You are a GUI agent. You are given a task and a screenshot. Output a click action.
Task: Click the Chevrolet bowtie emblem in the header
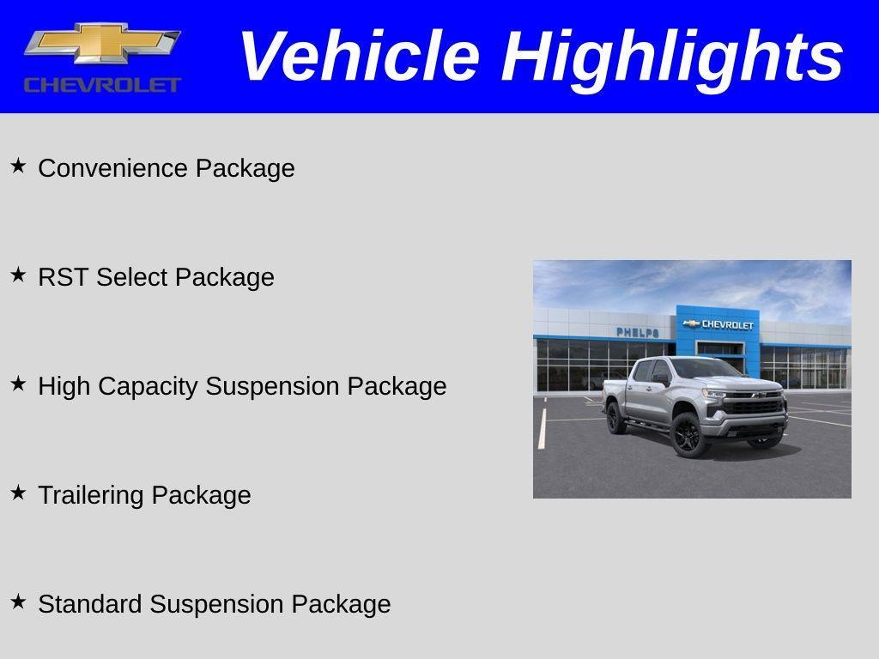coord(102,43)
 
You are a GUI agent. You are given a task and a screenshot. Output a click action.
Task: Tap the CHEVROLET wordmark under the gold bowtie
coord(102,85)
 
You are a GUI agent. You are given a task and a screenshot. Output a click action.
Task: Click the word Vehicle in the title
coord(358,57)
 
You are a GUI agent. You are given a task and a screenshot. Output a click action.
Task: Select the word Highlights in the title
coord(672,57)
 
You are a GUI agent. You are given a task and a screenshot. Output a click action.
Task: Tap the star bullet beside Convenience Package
coord(18,166)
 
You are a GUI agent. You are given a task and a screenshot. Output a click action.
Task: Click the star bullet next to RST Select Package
coord(18,275)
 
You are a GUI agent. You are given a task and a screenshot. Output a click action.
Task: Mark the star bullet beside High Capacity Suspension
coord(18,384)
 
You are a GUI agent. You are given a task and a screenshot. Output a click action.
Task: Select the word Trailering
coord(91,495)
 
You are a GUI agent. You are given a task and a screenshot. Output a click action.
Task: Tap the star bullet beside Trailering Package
coord(18,493)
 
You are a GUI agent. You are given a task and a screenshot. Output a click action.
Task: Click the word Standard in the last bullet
coord(90,604)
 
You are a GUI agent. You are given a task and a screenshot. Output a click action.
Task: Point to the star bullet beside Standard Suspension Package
coord(18,602)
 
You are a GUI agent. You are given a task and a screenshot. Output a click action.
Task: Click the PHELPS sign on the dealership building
coord(638,332)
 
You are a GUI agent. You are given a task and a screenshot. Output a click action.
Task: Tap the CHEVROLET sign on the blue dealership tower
coord(719,324)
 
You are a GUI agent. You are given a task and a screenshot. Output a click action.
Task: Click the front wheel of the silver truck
coord(688,435)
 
